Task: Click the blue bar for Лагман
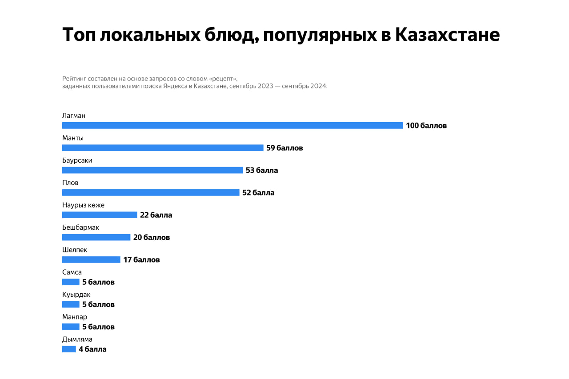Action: (x=232, y=126)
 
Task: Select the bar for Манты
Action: (x=163, y=148)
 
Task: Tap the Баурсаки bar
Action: (x=152, y=170)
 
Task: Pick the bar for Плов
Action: (x=151, y=193)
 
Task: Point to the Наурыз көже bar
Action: (x=100, y=215)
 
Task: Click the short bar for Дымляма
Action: (x=69, y=349)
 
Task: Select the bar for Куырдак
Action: (x=71, y=304)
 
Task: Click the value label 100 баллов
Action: (x=426, y=126)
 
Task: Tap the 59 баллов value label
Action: (x=284, y=148)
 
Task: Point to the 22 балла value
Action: (x=156, y=215)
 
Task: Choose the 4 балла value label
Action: (x=92, y=349)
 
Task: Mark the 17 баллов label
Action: (x=141, y=260)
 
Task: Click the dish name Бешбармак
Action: (x=80, y=227)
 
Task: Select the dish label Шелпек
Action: (x=75, y=250)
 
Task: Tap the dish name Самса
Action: (x=72, y=272)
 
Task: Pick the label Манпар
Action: (x=75, y=317)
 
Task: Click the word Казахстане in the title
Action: (x=447, y=35)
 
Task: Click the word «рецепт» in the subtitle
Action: (x=223, y=78)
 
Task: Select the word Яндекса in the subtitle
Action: (x=176, y=86)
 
